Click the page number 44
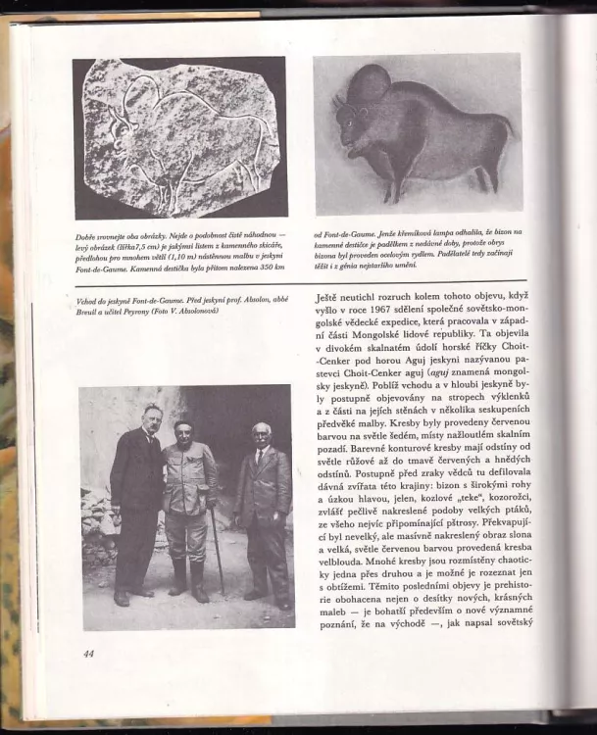[88, 653]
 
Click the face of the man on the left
[151, 416]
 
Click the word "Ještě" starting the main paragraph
[329, 293]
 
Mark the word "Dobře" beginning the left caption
[85, 237]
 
